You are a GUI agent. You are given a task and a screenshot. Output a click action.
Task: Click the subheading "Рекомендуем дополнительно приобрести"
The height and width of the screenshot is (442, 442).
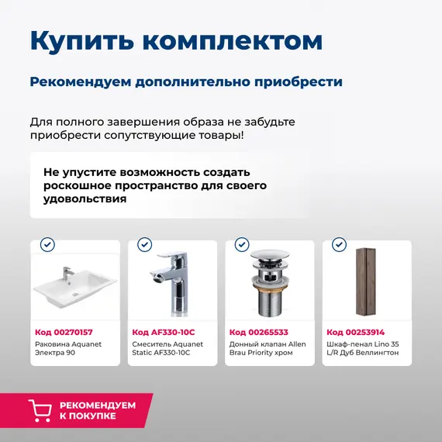click(x=186, y=81)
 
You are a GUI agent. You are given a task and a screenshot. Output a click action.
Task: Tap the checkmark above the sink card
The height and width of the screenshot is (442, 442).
click(x=47, y=244)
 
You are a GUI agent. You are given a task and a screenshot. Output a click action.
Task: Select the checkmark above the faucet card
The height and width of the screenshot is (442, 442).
click(x=144, y=244)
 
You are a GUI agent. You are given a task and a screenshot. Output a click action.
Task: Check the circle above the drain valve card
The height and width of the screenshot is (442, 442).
click(x=241, y=244)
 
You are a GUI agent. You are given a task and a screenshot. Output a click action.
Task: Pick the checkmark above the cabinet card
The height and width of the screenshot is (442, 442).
click(x=339, y=244)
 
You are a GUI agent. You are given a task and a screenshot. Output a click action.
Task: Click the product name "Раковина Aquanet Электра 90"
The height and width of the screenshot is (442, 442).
click(x=68, y=348)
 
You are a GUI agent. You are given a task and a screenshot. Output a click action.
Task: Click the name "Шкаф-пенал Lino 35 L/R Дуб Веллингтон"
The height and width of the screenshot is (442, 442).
click(x=363, y=348)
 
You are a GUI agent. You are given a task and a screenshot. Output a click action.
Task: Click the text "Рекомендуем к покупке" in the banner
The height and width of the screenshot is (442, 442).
click(x=97, y=410)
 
